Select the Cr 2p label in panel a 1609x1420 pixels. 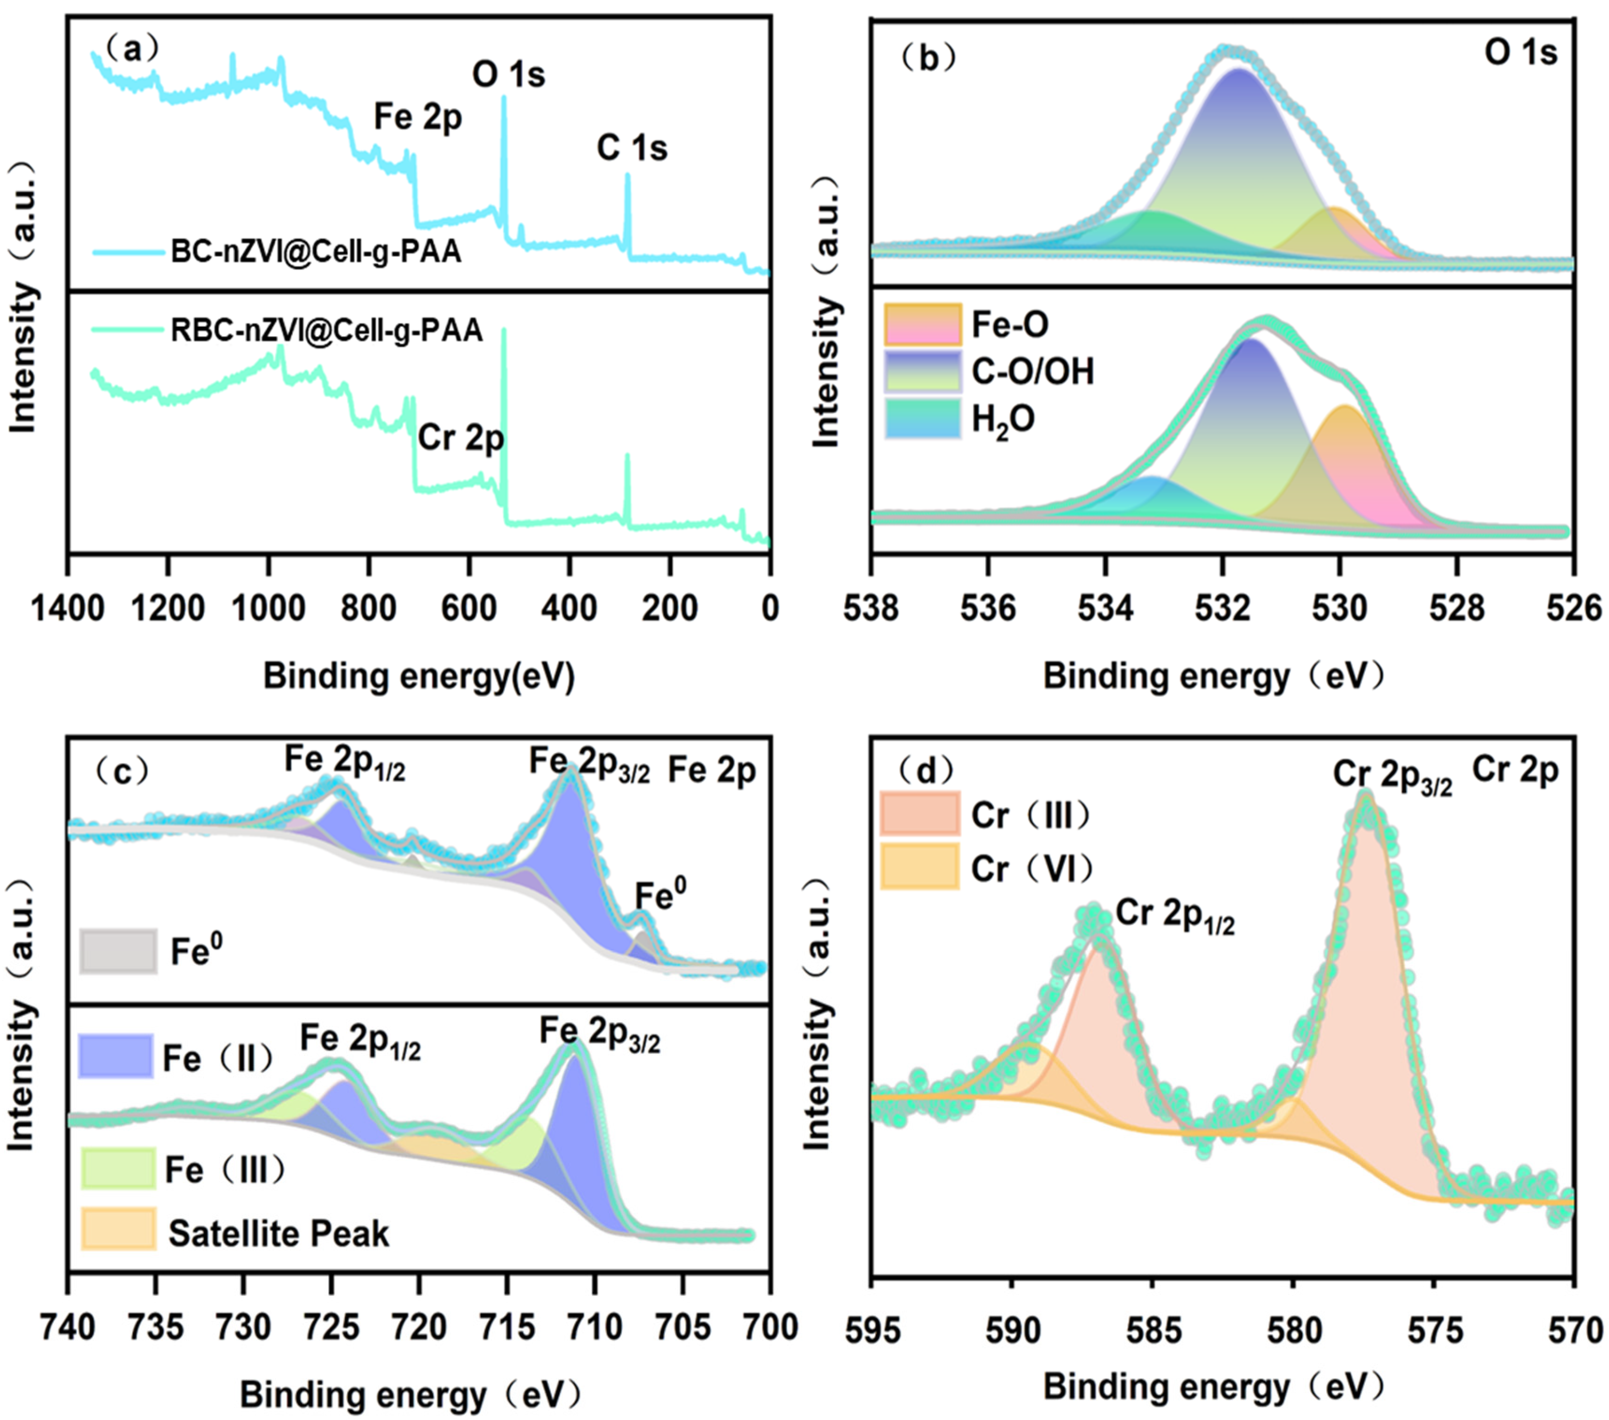coord(460,438)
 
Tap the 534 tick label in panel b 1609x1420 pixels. coord(1105,608)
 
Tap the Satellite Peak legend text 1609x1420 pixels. coord(279,1233)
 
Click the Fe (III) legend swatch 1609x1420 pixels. coord(118,1169)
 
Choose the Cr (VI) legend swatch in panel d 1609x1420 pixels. coord(919,867)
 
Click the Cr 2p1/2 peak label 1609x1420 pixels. coord(1174,915)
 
